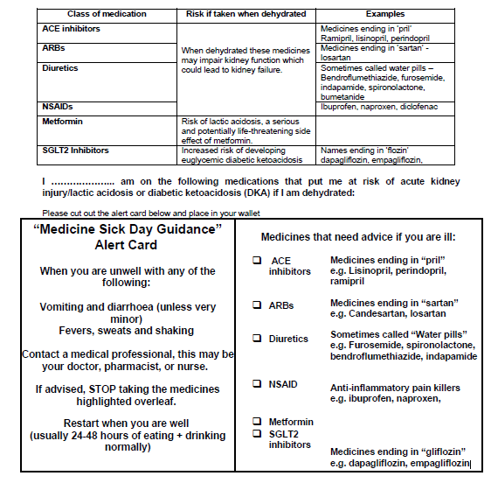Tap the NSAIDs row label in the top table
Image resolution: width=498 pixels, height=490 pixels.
[x=59, y=107]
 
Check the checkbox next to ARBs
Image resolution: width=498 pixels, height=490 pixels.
[x=258, y=305]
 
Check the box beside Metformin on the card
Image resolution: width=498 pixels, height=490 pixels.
[x=258, y=422]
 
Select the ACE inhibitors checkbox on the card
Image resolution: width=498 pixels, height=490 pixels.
[x=258, y=261]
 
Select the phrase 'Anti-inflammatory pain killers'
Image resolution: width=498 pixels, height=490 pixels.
[x=395, y=388]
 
